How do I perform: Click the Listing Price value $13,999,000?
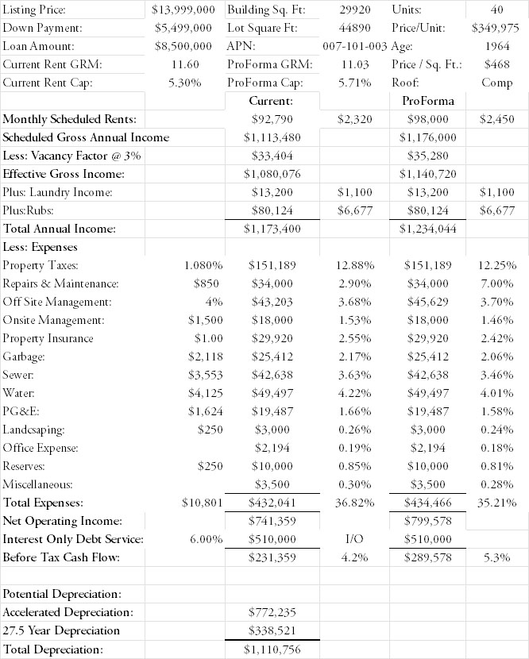183,10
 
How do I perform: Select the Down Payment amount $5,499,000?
184,28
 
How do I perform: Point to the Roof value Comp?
496,83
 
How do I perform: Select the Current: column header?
272,101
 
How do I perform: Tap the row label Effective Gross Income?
64,174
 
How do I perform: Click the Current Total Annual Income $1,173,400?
272,229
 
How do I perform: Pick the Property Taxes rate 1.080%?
203,265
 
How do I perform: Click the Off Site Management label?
57,302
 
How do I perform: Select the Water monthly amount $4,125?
203,393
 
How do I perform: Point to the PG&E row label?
22,411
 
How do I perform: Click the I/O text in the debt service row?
354,539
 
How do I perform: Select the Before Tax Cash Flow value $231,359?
272,557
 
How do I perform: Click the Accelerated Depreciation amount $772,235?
272,612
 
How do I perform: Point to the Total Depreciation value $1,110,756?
272,649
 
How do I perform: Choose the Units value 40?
498,10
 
